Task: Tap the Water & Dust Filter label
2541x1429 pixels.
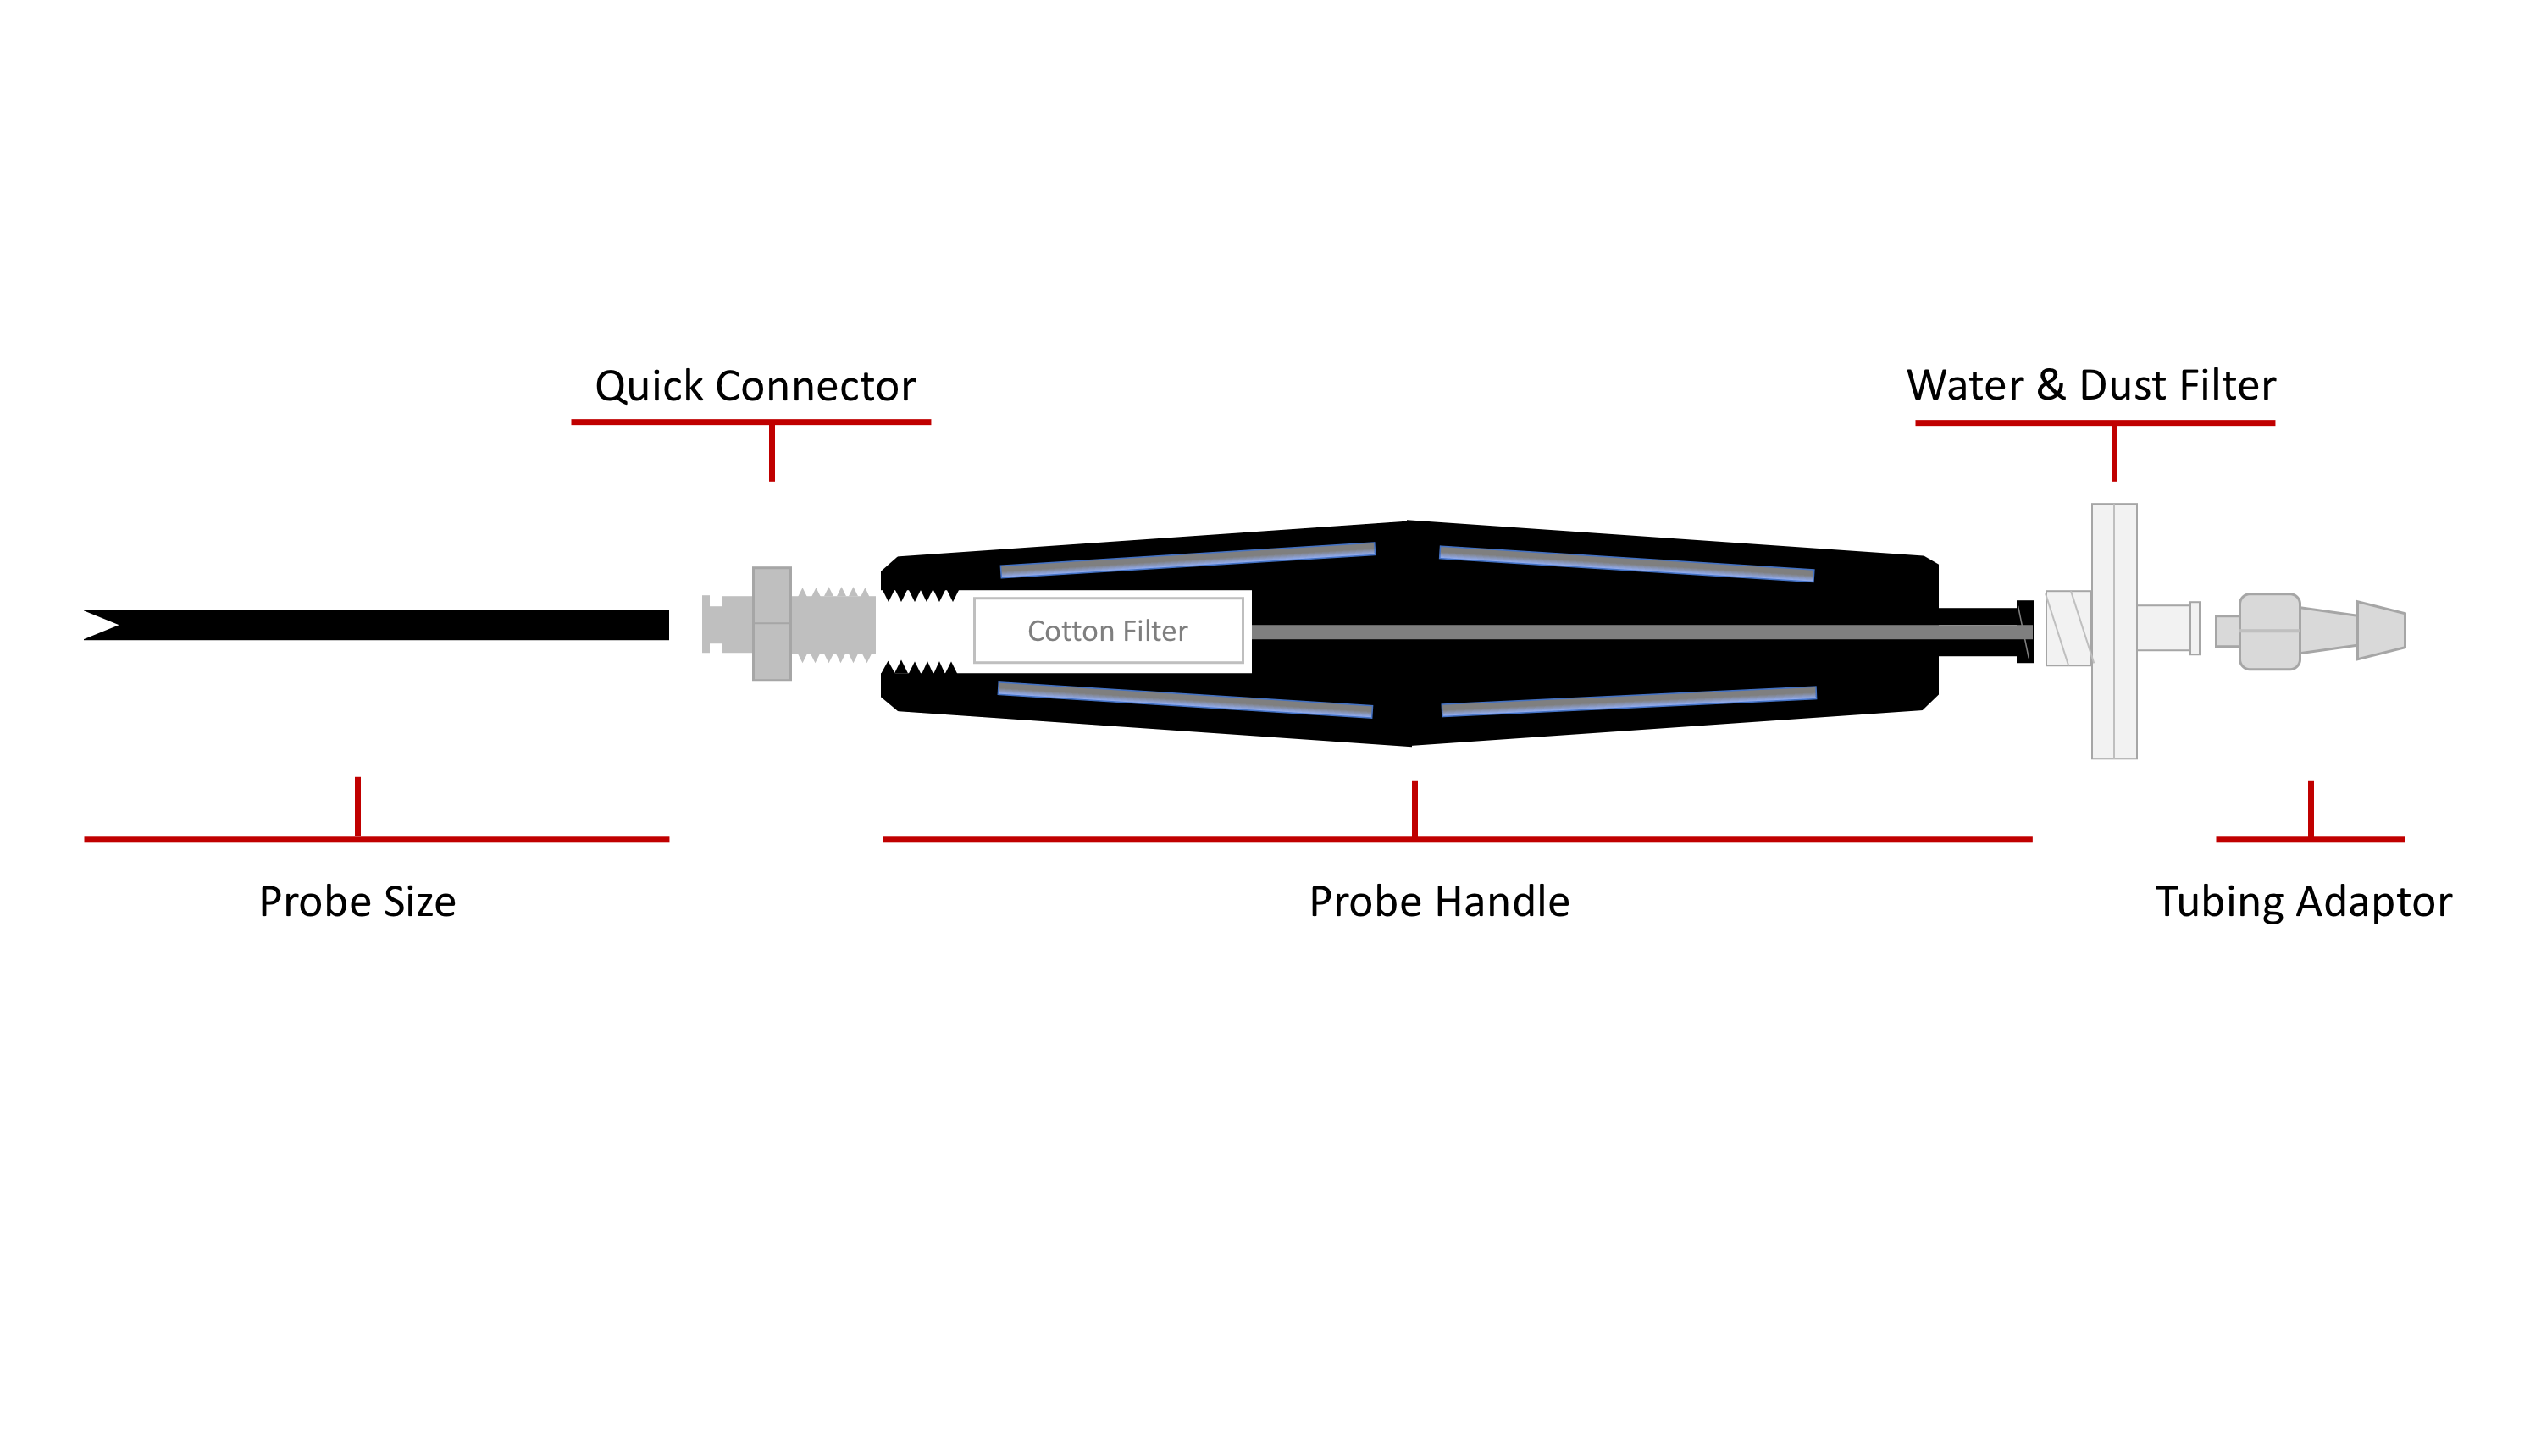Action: click(x=2090, y=385)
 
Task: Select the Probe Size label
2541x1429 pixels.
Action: click(x=357, y=902)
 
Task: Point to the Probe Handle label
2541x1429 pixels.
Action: click(x=1438, y=902)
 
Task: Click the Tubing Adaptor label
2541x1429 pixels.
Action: click(x=2302, y=902)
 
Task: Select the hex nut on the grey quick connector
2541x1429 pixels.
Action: click(x=772, y=623)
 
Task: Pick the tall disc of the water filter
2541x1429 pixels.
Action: click(x=2114, y=632)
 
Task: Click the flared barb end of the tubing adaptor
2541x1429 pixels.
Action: click(x=2381, y=630)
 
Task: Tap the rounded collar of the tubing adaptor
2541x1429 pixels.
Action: click(x=2269, y=632)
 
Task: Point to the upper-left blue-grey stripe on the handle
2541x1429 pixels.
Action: click(x=1187, y=560)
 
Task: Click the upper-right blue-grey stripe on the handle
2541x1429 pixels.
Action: click(x=1625, y=563)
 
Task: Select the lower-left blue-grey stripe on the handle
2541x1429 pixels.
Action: click(x=1185, y=698)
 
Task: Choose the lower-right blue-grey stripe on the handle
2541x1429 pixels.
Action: click(x=1629, y=700)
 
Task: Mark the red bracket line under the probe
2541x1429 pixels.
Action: click(x=376, y=839)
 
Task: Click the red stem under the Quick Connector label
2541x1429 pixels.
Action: click(x=772, y=453)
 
